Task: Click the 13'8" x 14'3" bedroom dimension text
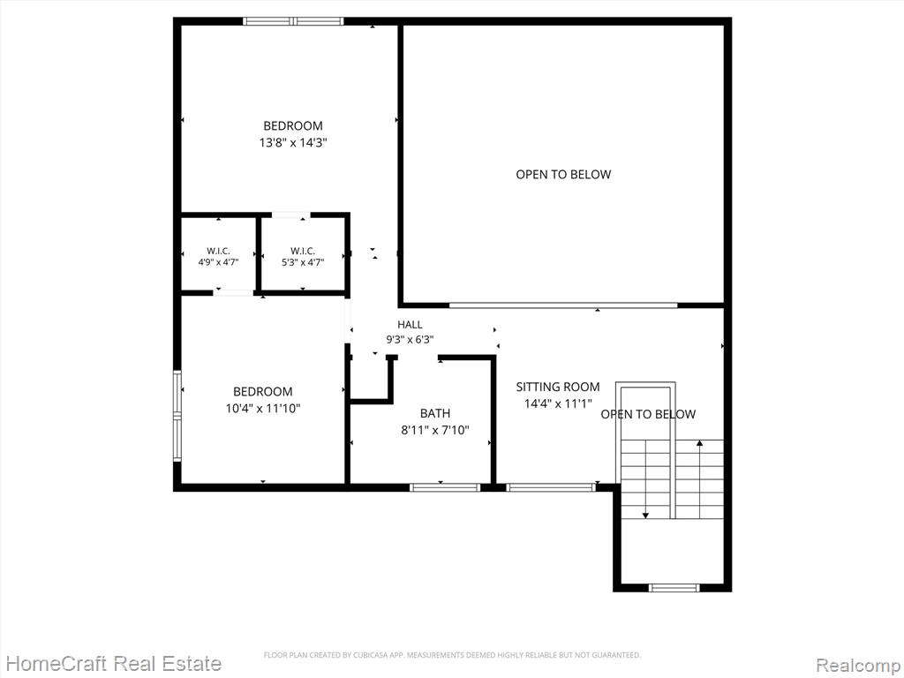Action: [x=293, y=142]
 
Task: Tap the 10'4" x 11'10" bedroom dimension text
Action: [x=263, y=409]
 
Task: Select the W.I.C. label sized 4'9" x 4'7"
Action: [x=219, y=251]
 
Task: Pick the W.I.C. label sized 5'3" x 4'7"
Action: [x=303, y=251]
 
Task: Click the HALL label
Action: [x=410, y=325]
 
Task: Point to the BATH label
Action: [x=435, y=413]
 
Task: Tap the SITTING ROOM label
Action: [x=558, y=387]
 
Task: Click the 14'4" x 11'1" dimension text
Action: [x=558, y=403]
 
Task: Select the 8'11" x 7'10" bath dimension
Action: [x=435, y=430]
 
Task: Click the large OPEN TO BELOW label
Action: [x=563, y=174]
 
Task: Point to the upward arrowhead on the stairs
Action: [x=700, y=443]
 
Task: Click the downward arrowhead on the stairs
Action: [x=645, y=515]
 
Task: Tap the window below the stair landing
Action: [x=674, y=587]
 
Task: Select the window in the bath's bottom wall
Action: [x=445, y=487]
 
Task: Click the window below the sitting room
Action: [x=551, y=487]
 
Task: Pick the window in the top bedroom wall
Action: [x=293, y=21]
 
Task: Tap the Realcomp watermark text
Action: [x=857, y=665]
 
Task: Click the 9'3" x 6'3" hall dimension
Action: [x=410, y=340]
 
